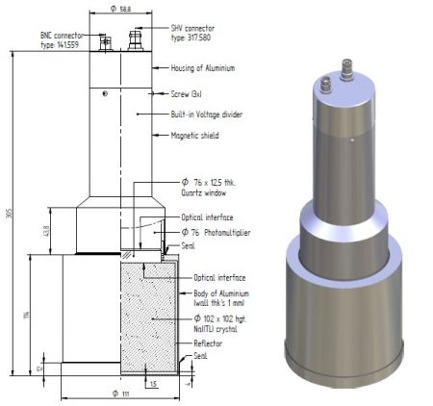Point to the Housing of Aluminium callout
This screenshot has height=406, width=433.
(x=201, y=68)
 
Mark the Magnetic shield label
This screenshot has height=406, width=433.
(x=192, y=135)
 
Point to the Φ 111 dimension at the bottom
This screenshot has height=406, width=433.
(x=118, y=393)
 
